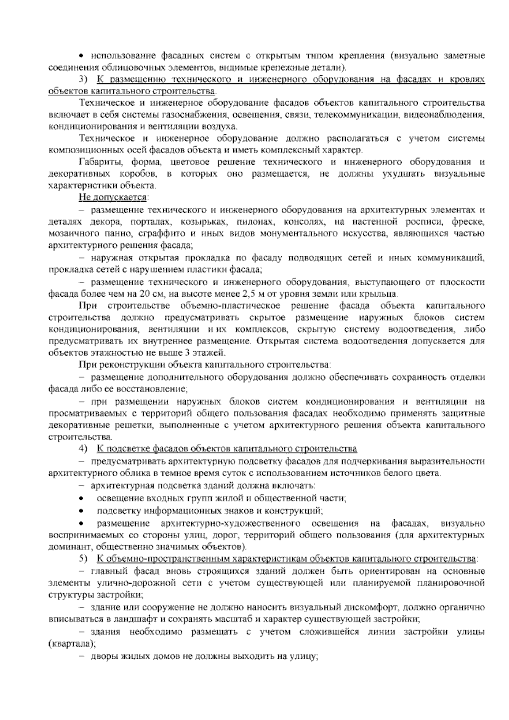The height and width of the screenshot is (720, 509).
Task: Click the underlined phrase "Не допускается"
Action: tap(112, 197)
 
